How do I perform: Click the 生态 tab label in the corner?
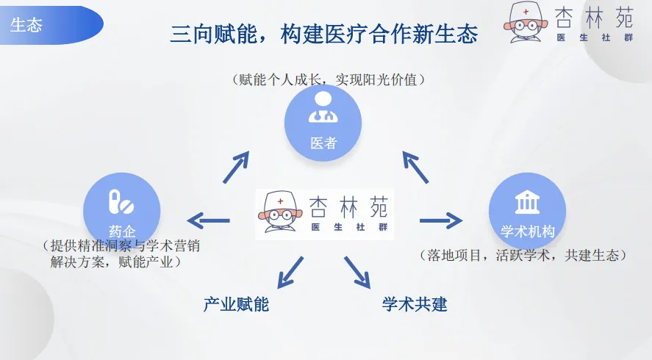pos(26,25)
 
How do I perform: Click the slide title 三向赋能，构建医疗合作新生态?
pos(323,34)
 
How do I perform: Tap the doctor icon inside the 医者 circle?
pos(323,108)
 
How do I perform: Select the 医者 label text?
pos(323,143)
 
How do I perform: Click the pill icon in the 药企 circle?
pos(121,200)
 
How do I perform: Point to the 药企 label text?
pos(121,230)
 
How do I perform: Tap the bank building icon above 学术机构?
pos(526,201)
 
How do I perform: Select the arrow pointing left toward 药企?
pos(209,220)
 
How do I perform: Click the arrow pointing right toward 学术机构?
pos(441,220)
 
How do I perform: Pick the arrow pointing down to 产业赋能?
pos(290,271)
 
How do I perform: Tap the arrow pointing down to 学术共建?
pos(358,271)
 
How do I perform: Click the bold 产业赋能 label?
pos(236,303)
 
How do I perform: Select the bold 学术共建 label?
pos(415,303)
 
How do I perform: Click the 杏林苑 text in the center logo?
pos(349,204)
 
